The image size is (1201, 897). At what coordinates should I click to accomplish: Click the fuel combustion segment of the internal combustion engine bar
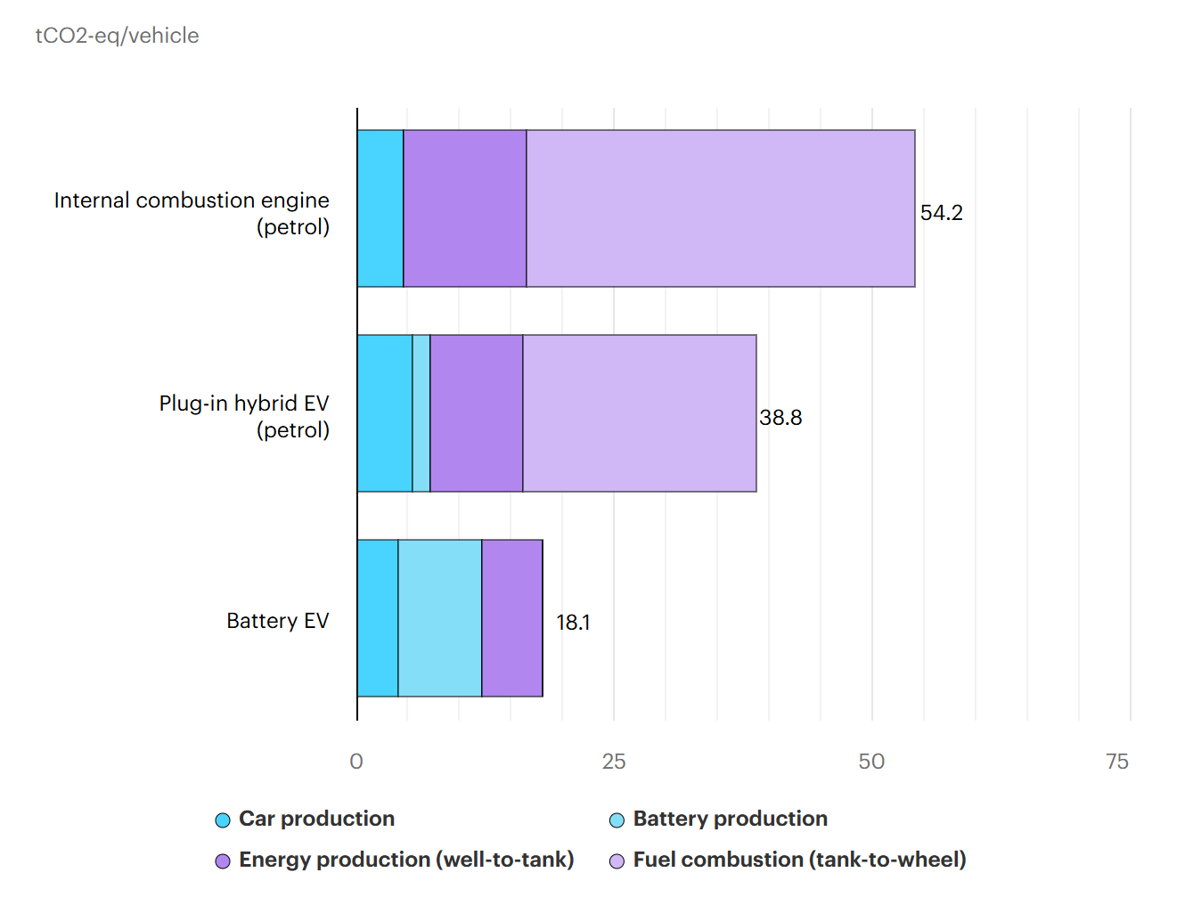coord(720,208)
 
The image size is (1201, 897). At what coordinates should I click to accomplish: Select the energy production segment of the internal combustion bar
coord(464,208)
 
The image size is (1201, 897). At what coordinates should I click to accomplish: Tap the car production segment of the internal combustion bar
coord(380,208)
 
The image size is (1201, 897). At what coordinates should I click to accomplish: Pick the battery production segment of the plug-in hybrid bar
coord(421,413)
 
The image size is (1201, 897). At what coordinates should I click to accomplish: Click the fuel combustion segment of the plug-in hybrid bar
coord(640,413)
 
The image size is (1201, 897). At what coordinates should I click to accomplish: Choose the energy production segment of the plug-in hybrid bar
coord(476,413)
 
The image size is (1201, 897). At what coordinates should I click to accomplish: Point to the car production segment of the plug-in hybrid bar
coord(385,413)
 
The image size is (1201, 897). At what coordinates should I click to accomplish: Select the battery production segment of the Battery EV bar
coord(440,618)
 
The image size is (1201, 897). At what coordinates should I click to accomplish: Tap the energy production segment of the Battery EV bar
coord(512,618)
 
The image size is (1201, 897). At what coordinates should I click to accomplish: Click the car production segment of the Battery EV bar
coord(378,618)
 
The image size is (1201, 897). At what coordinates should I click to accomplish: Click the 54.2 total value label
coord(941,213)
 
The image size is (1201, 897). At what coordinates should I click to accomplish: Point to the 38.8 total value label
coord(780,418)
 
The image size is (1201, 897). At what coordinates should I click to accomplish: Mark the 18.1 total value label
coord(573,623)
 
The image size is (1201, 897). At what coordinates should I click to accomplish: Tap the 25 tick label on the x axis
coord(613,762)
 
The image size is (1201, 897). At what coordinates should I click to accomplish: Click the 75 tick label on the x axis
coord(1116,762)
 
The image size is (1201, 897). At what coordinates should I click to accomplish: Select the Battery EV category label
coord(277,621)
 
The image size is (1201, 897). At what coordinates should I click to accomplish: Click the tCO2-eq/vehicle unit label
coord(117,36)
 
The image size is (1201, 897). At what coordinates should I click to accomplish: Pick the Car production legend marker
coord(223,820)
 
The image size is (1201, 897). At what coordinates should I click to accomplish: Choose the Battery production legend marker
coord(617,820)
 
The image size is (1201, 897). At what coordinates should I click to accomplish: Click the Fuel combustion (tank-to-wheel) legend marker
coord(617,861)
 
